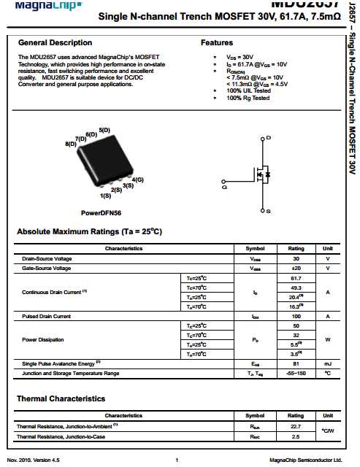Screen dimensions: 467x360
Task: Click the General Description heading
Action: pos(55,42)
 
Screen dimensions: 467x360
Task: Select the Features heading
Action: pos(217,43)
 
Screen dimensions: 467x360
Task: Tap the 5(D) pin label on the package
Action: pos(104,130)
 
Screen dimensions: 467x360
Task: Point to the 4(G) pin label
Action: pos(137,180)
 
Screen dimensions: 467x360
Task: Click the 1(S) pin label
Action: pos(105,196)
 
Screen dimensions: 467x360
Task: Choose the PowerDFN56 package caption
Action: pos(101,213)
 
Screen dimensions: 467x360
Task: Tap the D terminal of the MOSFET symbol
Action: pos(268,138)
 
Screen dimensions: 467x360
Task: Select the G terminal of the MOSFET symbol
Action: pos(224,187)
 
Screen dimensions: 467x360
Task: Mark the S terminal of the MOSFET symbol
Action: pos(268,210)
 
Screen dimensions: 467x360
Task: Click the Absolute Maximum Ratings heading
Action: pos(89,232)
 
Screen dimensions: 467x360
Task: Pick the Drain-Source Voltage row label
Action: pos(47,259)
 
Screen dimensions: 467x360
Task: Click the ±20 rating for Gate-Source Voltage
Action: pos(296,269)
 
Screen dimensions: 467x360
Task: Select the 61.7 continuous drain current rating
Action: pos(296,278)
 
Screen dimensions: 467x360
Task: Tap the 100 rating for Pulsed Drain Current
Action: pos(296,316)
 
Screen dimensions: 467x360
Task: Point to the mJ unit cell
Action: pos(328,363)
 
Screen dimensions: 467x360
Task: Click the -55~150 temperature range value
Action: pos(296,373)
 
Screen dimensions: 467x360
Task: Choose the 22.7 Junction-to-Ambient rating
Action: pos(296,426)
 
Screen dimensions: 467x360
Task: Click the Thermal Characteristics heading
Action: pos(61,399)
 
